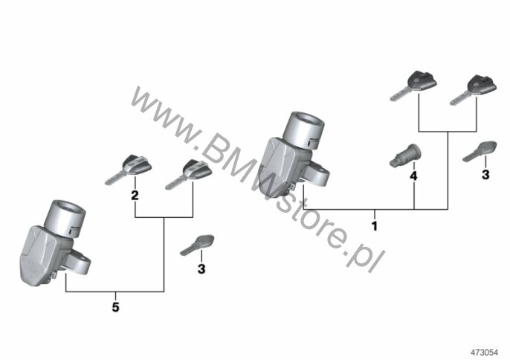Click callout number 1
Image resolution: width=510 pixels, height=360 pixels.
pyautogui.click(x=375, y=226)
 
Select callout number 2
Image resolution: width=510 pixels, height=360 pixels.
pyautogui.click(x=135, y=196)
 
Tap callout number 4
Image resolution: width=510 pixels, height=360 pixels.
pyautogui.click(x=413, y=176)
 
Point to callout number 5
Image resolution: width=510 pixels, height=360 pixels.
pyautogui.click(x=115, y=307)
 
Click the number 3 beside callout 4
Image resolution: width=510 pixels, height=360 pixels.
pyautogui.click(x=485, y=175)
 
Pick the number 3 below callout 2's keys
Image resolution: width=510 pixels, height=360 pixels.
pyautogui.click(x=201, y=269)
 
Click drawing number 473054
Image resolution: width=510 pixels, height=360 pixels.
pyautogui.click(x=484, y=352)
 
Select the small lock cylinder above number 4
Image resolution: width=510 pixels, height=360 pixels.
pyautogui.click(x=405, y=156)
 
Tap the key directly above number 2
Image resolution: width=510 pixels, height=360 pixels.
pyautogui.click(x=129, y=169)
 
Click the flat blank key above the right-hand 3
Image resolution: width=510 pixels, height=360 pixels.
pyautogui.click(x=480, y=151)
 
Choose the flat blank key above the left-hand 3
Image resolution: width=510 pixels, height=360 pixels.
pyautogui.click(x=197, y=245)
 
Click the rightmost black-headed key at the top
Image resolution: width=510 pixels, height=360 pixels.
pyautogui.click(x=474, y=89)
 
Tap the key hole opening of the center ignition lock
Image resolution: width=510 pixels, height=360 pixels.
pyautogui.click(x=308, y=121)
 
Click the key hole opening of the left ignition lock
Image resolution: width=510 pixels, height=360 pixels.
pyautogui.click(x=69, y=209)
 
